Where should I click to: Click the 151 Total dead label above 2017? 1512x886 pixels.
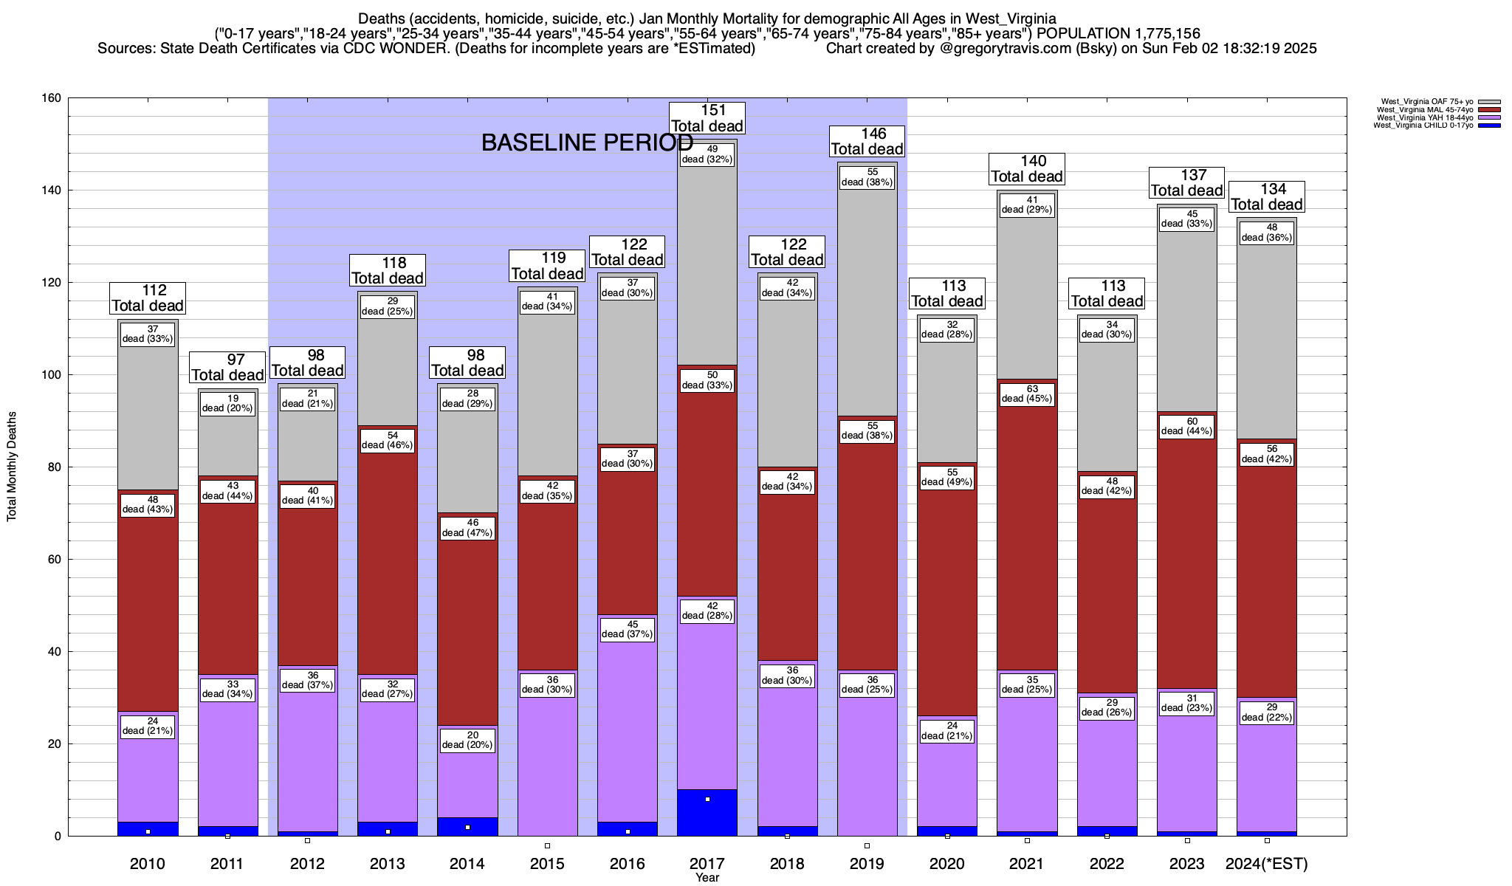pos(707,118)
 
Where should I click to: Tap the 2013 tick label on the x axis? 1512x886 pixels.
pos(388,864)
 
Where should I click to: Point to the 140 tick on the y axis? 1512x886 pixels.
pos(52,190)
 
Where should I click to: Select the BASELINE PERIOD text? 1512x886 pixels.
pos(587,142)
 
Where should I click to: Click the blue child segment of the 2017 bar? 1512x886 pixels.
pos(707,812)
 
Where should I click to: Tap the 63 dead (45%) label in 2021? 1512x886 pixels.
pos(1027,394)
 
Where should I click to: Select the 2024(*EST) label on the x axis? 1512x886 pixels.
pos(1266,864)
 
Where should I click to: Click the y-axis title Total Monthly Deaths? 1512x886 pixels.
pos(12,467)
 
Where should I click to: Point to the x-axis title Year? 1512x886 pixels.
pos(707,878)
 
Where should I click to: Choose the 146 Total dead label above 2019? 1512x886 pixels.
pos(867,141)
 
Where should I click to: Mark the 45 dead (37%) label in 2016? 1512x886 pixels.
pos(628,629)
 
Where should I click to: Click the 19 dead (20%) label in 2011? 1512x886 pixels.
pos(227,403)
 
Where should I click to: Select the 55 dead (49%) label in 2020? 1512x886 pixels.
pos(947,478)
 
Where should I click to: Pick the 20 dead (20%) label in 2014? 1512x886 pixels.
pos(467,740)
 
